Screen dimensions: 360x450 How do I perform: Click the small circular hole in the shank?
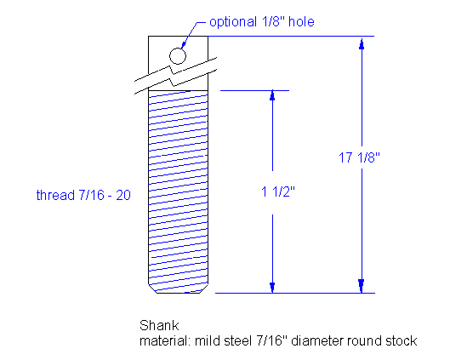pyautogui.click(x=177, y=56)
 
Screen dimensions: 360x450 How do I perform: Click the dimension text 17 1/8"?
pyautogui.click(x=363, y=157)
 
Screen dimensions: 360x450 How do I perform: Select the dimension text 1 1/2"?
pyautogui.click(x=272, y=193)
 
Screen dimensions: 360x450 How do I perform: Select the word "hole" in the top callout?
pyautogui.click(x=302, y=21)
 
